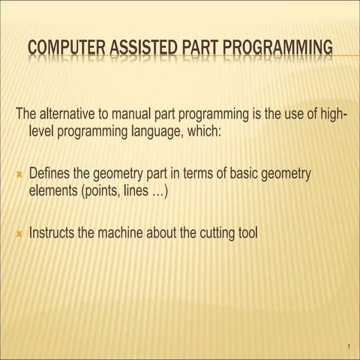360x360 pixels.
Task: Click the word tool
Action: click(x=247, y=232)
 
